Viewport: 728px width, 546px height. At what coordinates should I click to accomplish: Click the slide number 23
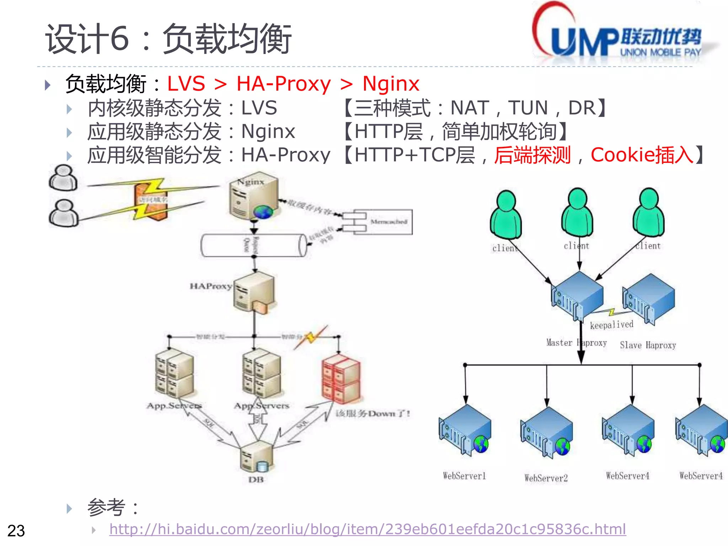click(x=16, y=531)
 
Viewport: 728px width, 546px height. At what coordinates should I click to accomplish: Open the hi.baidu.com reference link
click(x=367, y=529)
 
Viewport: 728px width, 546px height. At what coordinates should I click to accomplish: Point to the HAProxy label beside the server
click(x=210, y=286)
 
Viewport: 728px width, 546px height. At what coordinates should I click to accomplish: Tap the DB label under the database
click(x=256, y=480)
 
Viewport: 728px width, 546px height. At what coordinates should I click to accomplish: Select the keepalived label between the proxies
click(x=611, y=325)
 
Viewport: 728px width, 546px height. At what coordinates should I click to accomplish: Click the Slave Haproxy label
click(x=648, y=345)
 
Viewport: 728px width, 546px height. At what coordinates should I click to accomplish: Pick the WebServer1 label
click(x=464, y=476)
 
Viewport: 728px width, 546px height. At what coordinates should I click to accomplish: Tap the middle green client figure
click(x=577, y=213)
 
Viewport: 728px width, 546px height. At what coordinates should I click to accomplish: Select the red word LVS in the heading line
click(x=186, y=84)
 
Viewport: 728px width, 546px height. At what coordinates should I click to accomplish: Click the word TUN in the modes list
click(x=528, y=108)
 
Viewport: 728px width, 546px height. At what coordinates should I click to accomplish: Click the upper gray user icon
click(x=63, y=178)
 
